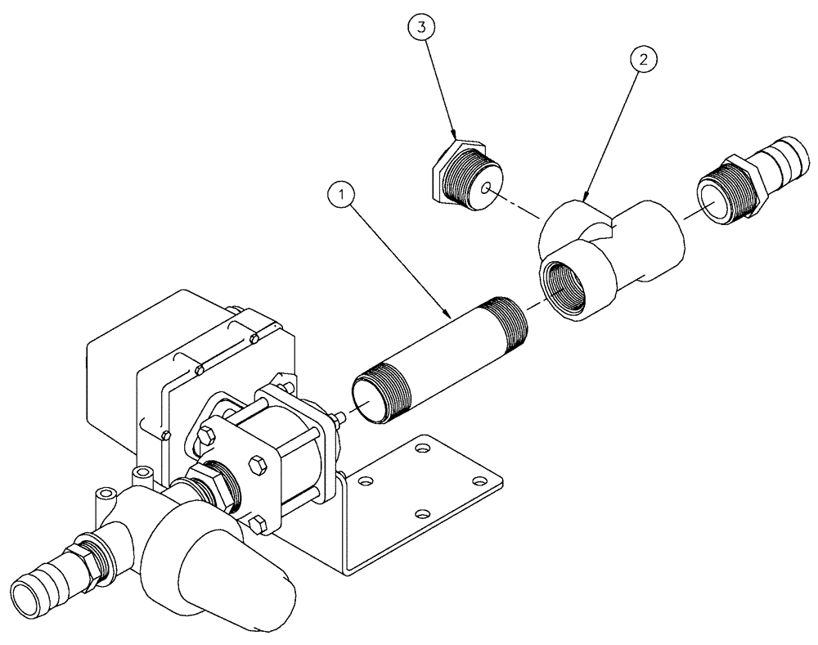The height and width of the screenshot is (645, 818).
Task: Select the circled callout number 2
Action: tap(644, 60)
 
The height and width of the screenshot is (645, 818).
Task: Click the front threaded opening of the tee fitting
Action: tap(568, 286)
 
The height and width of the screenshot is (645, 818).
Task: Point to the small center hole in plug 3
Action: tap(487, 188)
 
